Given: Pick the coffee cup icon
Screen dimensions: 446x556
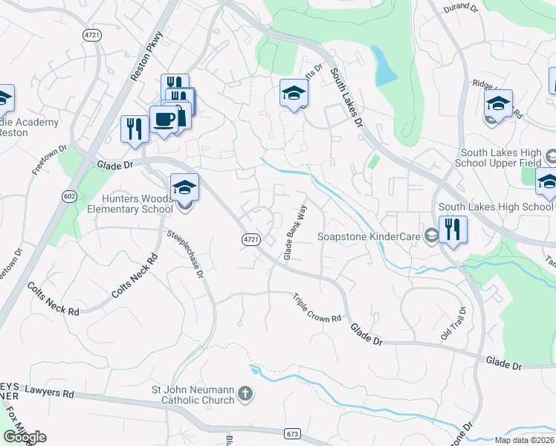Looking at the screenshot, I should pos(164,120).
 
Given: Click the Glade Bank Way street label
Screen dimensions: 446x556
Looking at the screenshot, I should pos(294,233).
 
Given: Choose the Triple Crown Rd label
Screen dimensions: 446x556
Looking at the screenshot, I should pos(317,307).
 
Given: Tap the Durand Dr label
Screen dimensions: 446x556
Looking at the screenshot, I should pos(460,7).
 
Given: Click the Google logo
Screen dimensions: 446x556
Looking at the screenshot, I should pos(25,437).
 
